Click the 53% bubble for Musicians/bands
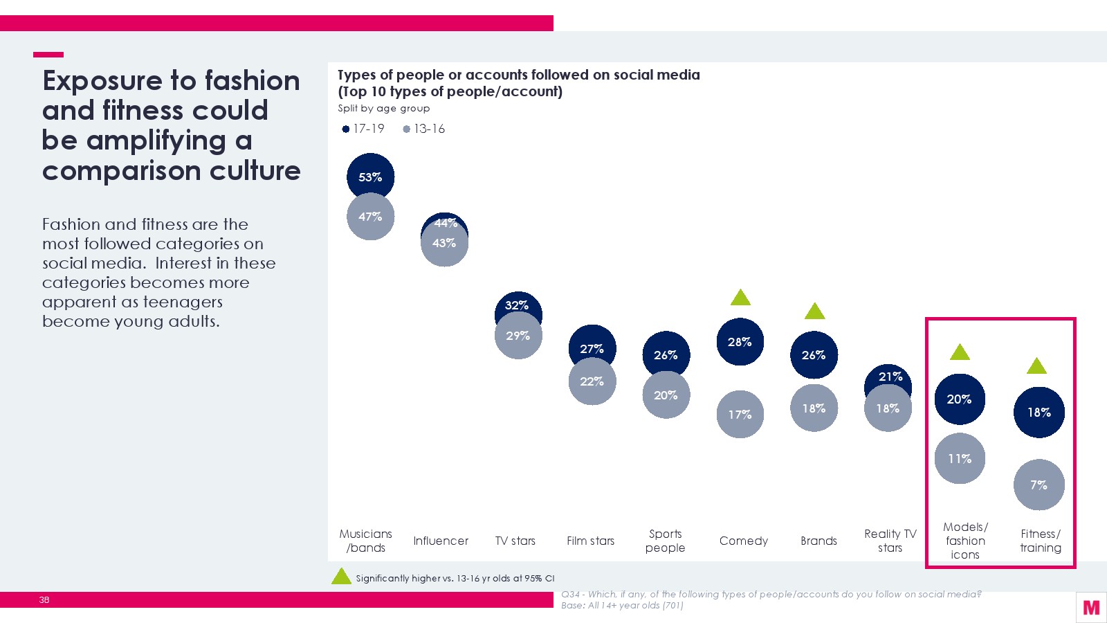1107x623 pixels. click(370, 177)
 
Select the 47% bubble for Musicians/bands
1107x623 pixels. click(370, 217)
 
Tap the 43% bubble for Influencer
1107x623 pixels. click(444, 244)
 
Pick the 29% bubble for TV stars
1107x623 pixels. click(518, 336)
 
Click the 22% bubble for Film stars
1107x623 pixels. click(592, 381)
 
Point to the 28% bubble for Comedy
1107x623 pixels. click(740, 342)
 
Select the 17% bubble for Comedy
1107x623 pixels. click(740, 415)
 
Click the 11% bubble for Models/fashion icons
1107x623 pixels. click(960, 458)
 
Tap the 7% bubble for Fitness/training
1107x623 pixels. click(1039, 485)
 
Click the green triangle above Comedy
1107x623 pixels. click(740, 298)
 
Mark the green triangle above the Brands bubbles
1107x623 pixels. click(814, 312)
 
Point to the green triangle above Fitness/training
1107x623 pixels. click(1036, 366)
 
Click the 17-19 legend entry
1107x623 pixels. click(364, 129)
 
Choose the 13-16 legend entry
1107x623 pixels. click(424, 129)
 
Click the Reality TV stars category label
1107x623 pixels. click(890, 541)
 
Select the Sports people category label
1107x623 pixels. click(665, 541)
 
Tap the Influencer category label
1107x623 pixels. click(441, 541)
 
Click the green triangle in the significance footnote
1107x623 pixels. click(341, 577)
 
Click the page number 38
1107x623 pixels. click(44, 599)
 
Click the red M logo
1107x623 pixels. click(1091, 607)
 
